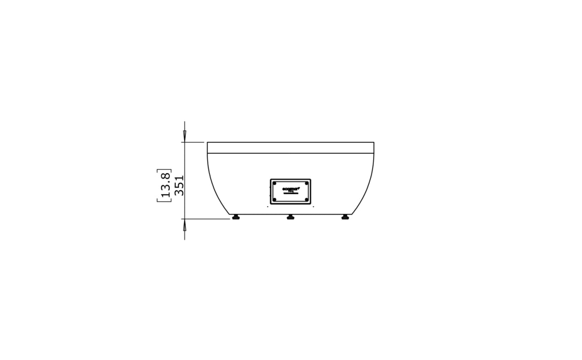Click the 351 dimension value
(179, 186)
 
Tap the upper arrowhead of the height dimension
(185, 135)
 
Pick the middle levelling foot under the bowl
(290, 217)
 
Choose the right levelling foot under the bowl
(346, 217)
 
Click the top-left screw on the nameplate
(274, 183)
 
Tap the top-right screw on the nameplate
(306, 183)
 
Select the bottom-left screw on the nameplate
(274, 200)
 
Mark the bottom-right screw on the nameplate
(306, 200)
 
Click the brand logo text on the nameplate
(290, 189)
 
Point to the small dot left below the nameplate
(267, 207)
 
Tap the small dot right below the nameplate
(314, 207)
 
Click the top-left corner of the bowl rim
(207, 142)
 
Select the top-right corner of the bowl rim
(374, 142)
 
